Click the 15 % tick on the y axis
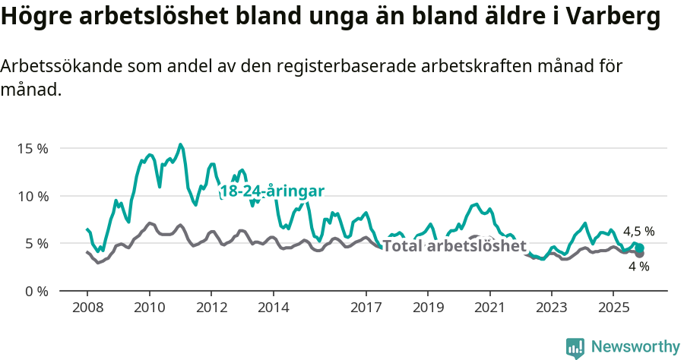click(x=32, y=149)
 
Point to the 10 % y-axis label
click(x=32, y=196)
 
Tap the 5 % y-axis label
click(x=35, y=244)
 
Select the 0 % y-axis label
click(x=35, y=292)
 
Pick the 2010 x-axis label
click(x=149, y=308)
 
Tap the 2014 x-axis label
click(x=273, y=308)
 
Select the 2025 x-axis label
click(x=613, y=308)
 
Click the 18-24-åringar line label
click(x=272, y=191)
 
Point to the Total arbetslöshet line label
click(x=454, y=246)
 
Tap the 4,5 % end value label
click(x=638, y=232)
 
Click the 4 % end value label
click(x=638, y=267)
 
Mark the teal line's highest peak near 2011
click(x=180, y=144)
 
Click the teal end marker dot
click(x=640, y=248)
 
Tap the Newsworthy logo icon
click(x=575, y=348)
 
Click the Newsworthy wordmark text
click(x=635, y=347)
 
